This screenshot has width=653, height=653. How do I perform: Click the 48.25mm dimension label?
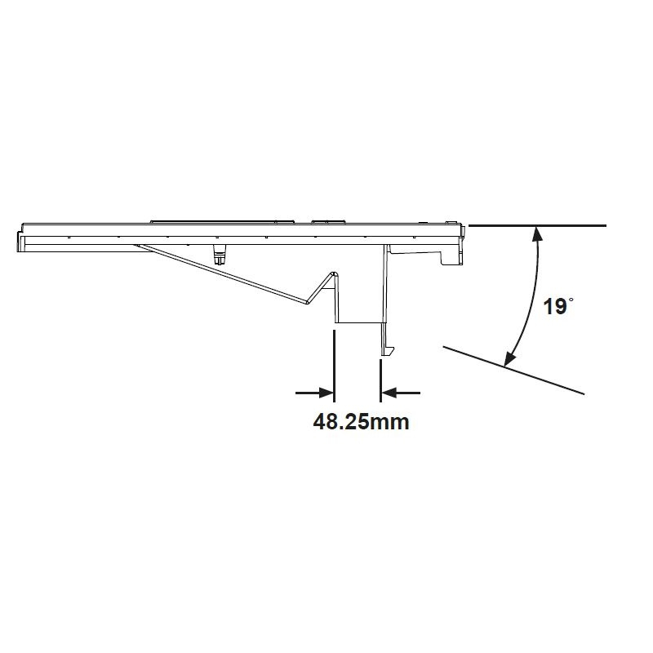pos(361,421)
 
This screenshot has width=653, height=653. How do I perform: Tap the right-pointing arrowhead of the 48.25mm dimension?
pos(326,393)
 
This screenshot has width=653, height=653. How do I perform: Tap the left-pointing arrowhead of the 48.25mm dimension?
pos(389,393)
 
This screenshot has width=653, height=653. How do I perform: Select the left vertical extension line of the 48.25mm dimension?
pos(334,366)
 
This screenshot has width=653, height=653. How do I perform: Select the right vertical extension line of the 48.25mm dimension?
pos(380,381)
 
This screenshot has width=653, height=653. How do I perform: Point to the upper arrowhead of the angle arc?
pos(538,234)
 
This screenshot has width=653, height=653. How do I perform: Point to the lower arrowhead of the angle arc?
pos(510,359)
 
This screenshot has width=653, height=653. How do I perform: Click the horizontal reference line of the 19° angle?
pos(537,226)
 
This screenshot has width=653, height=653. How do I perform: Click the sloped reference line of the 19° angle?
pos(513,370)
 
